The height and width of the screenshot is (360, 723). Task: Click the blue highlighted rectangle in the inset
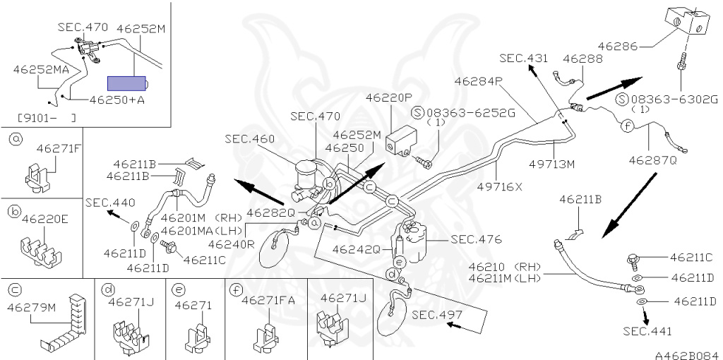coord(126,83)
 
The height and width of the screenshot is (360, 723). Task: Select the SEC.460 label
coord(250,139)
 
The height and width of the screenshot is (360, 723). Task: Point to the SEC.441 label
coord(647,331)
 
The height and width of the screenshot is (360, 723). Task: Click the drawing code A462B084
coord(685,355)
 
